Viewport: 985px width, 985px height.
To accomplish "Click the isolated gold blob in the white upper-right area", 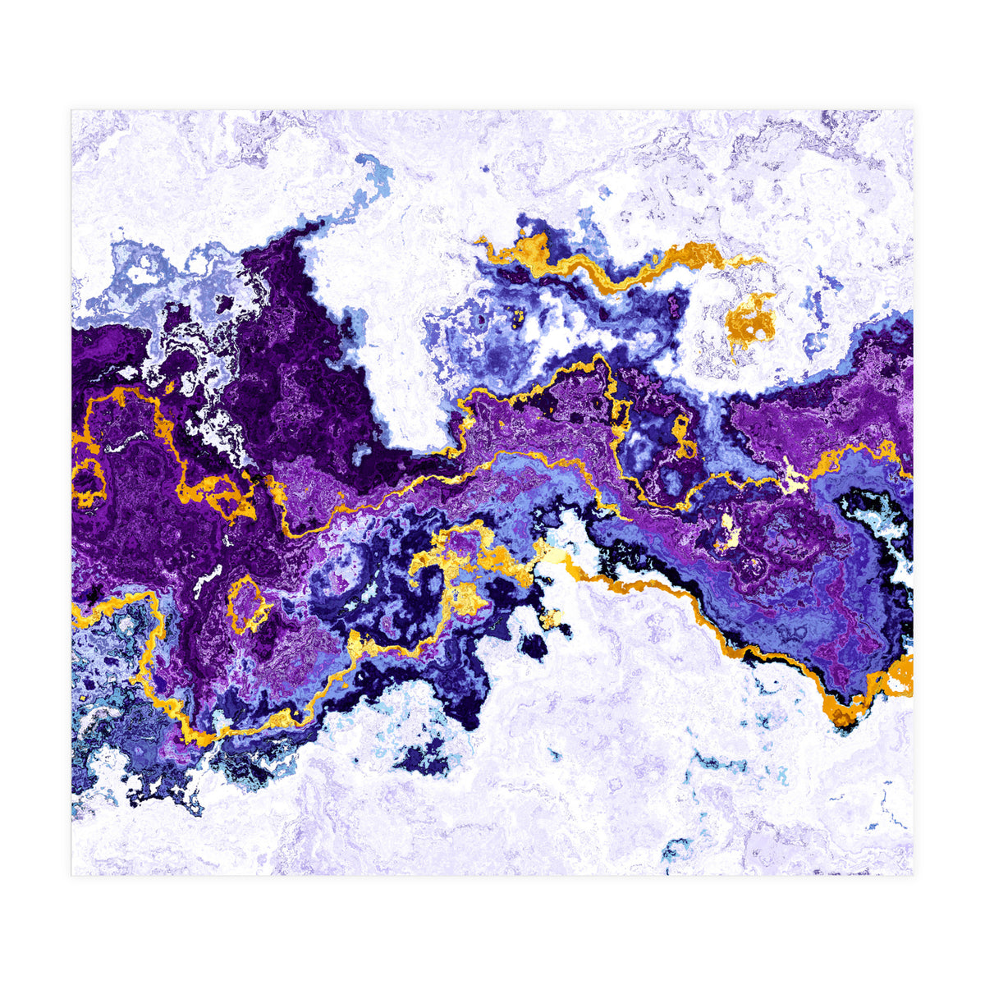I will [751, 321].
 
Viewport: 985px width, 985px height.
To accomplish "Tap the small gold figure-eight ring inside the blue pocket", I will [681, 435].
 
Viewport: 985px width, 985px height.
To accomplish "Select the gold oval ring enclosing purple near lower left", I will [247, 604].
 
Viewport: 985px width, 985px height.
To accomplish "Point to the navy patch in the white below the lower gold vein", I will [422, 760].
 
